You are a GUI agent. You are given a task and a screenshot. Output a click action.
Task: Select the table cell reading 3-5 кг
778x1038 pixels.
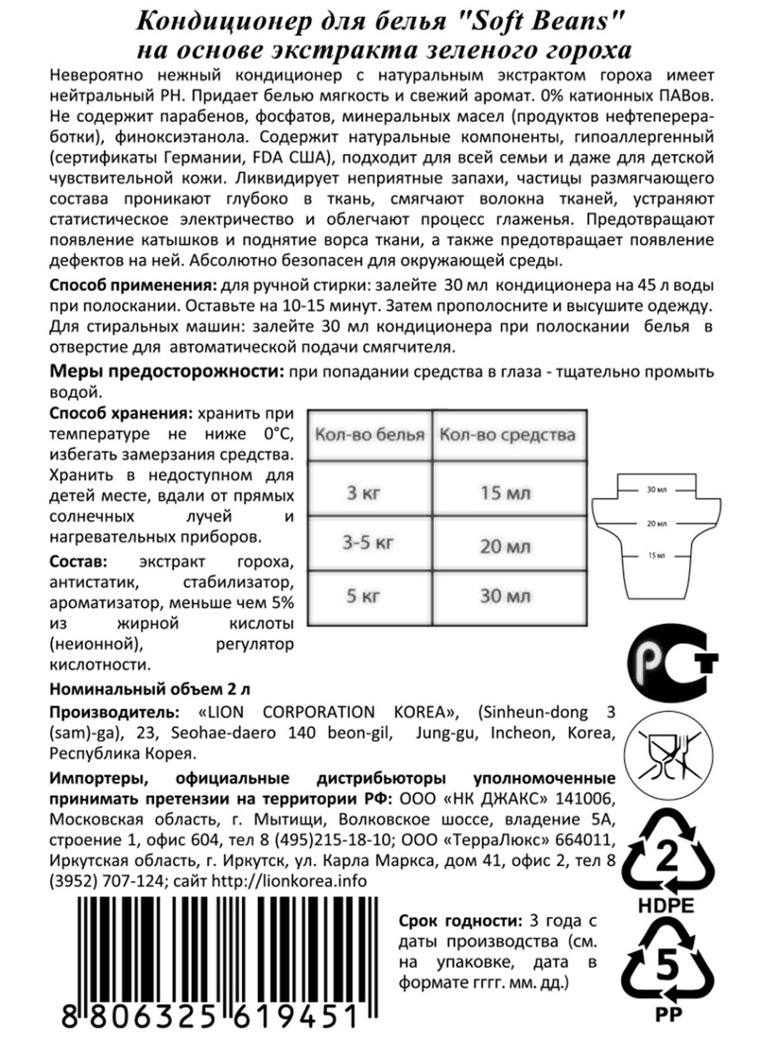click(x=368, y=544)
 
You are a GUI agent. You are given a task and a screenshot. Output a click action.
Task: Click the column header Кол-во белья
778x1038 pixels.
click(x=369, y=434)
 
